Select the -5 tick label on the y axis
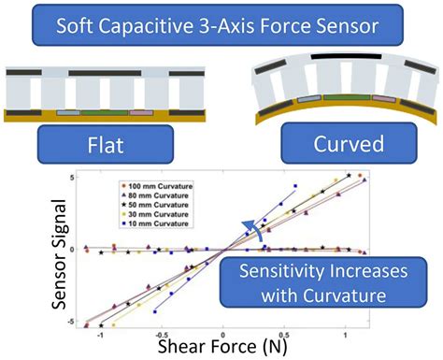[81, 321]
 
